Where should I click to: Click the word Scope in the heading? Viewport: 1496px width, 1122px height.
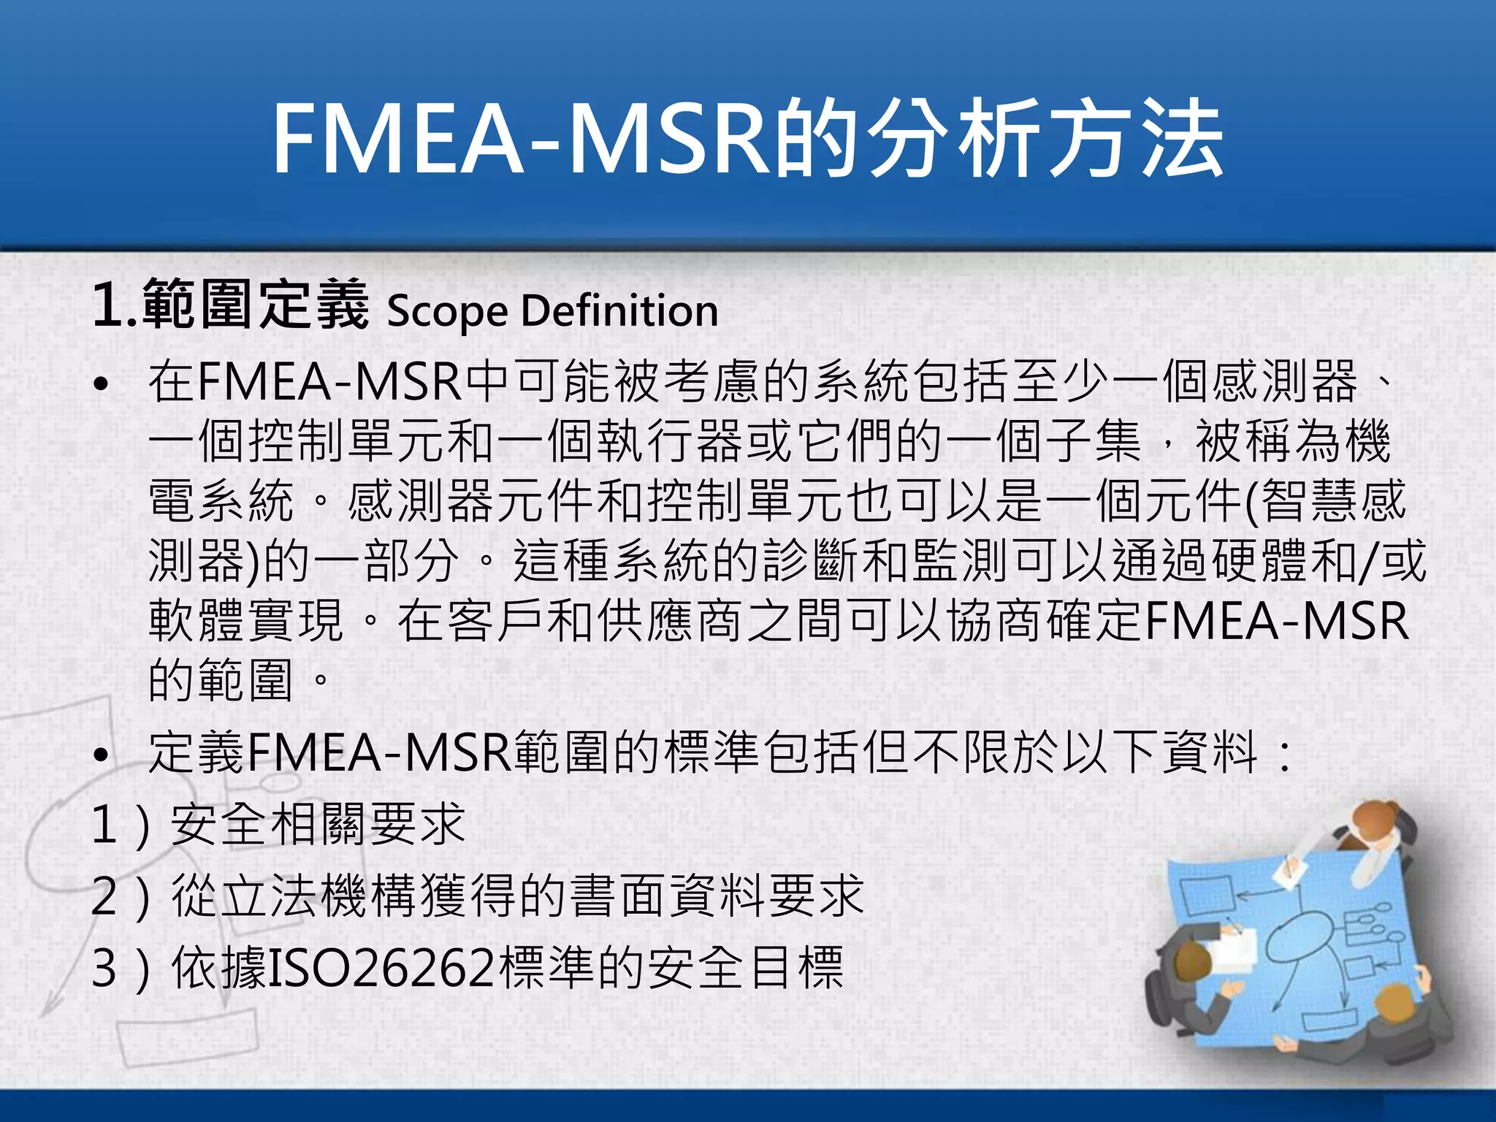click(x=447, y=311)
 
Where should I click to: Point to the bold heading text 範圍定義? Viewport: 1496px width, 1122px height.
click(x=255, y=305)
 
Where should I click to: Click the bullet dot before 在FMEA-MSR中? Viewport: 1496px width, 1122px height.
click(x=102, y=384)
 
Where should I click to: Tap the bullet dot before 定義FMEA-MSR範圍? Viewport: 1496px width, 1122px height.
click(x=102, y=755)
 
